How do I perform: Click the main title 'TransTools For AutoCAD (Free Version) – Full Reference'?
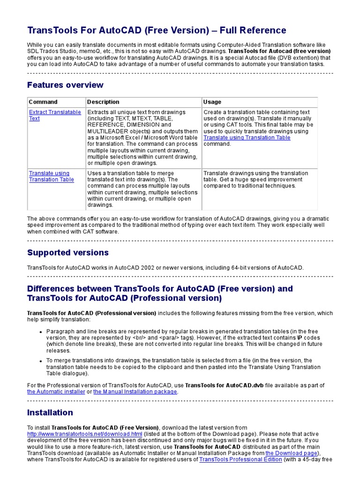pyautogui.click(x=157, y=30)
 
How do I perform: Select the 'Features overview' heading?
pyautogui.click(x=65, y=85)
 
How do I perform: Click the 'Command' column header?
pyautogui.click(x=43, y=102)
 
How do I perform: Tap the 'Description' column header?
pyautogui.click(x=103, y=102)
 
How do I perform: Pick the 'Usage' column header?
pyautogui.click(x=212, y=102)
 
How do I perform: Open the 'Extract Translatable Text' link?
pyautogui.click(x=54, y=115)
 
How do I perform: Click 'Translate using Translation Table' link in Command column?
pyautogui.click(x=51, y=176)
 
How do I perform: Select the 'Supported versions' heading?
pyautogui.click(x=67, y=253)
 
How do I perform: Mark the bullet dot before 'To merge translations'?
pyautogui.click(x=41, y=361)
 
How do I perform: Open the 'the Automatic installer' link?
pyautogui.click(x=56, y=391)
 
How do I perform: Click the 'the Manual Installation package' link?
pyautogui.click(x=135, y=391)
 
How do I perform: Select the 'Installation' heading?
pyautogui.click(x=50, y=412)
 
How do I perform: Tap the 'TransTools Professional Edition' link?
pyautogui.click(x=240, y=460)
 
